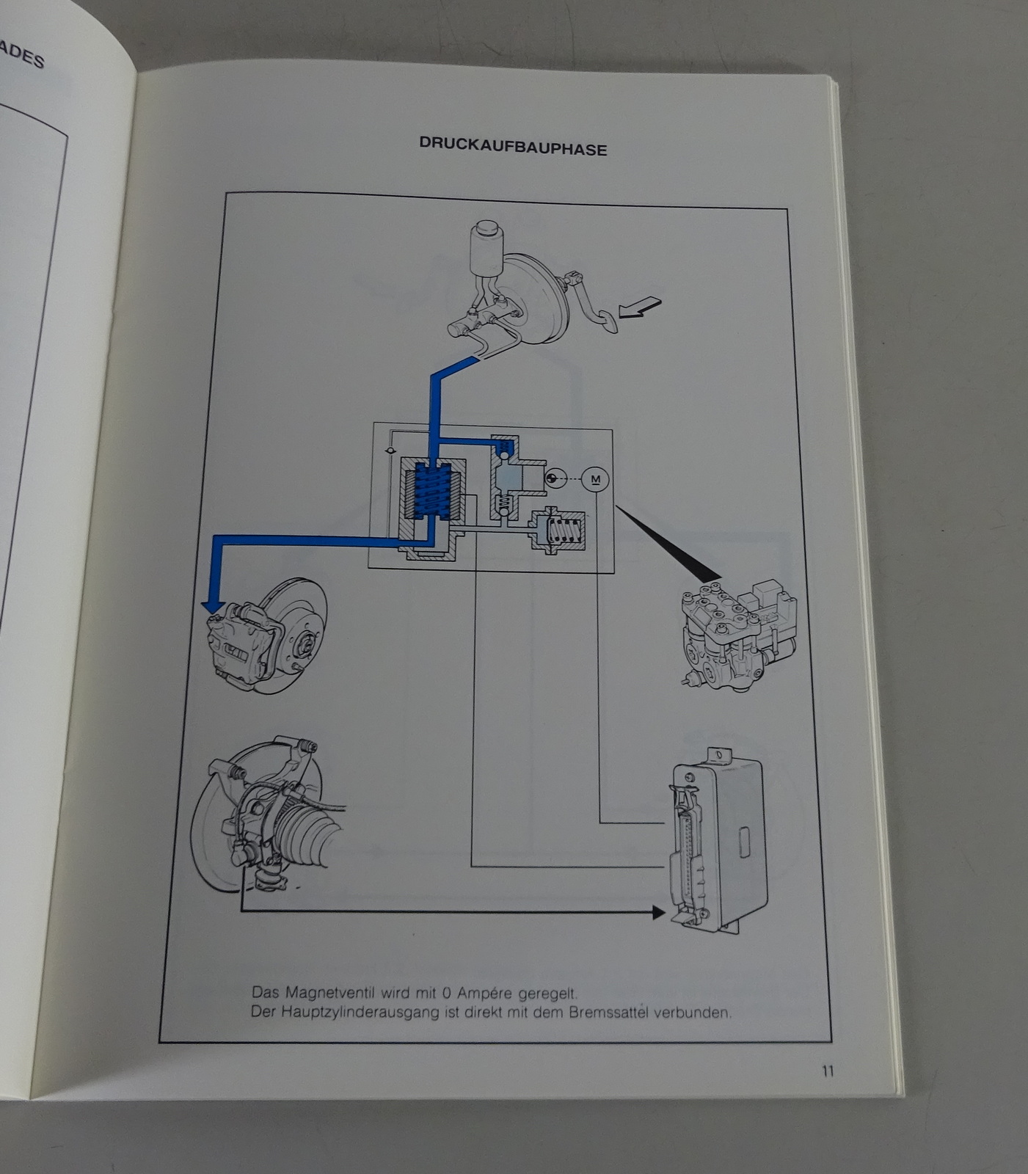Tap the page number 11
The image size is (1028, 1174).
827,1071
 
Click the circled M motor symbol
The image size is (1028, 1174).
595,480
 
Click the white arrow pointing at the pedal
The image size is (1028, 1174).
640,307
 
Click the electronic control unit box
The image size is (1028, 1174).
723,844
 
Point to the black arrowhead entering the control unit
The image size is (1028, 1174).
657,912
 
